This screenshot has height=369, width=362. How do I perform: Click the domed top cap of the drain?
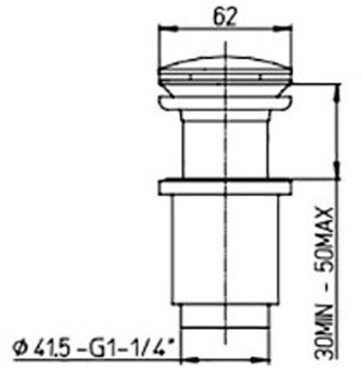(x=225, y=72)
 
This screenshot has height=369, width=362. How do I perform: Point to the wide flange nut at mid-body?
(x=225, y=184)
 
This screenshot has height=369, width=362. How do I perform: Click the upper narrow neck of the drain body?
(x=225, y=139)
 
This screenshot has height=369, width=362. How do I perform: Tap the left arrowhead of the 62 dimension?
(x=163, y=30)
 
